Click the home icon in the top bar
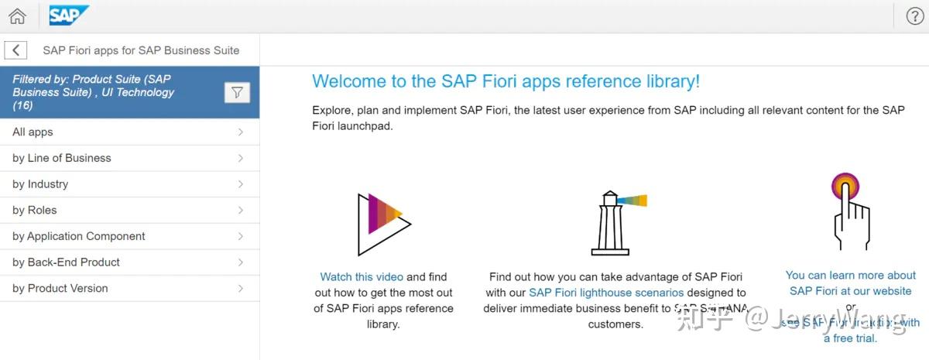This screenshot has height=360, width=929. (x=17, y=16)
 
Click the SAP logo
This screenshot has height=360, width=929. (x=68, y=15)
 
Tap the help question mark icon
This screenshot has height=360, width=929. (x=914, y=16)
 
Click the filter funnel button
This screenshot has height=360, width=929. (x=237, y=93)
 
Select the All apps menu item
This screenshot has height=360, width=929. (x=33, y=132)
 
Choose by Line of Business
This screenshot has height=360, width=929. (x=62, y=158)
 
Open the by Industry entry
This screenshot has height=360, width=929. (x=40, y=184)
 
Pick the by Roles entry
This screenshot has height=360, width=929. (x=35, y=211)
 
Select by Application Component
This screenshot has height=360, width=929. (x=79, y=236)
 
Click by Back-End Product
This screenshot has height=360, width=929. (x=67, y=262)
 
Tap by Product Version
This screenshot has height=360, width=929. (x=60, y=289)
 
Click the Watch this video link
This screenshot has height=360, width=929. (x=362, y=276)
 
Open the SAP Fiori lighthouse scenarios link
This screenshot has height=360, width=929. (x=606, y=293)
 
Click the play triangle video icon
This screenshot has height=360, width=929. (x=382, y=225)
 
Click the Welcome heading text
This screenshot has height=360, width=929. (x=506, y=81)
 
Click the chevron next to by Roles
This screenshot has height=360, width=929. (x=241, y=211)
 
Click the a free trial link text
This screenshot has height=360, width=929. (x=850, y=338)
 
